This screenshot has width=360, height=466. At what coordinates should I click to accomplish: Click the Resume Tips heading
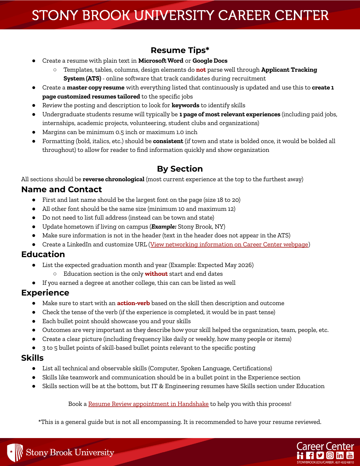coord(180,50)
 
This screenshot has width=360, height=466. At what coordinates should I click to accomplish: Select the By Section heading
coord(180,169)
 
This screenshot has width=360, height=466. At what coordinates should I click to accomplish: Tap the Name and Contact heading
coord(62,189)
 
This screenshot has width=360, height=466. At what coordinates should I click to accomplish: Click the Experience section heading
coord(45,293)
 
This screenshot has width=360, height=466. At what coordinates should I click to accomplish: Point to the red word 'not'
coord(201,70)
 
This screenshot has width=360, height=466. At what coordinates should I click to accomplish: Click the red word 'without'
coord(156,274)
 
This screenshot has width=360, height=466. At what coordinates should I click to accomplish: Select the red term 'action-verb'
coord(133,303)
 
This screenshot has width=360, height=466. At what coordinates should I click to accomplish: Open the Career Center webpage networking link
coord(229,244)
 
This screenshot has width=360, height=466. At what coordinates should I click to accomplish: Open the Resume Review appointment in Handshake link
coord(148,404)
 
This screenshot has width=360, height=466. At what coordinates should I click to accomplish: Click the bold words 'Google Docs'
coord(210,61)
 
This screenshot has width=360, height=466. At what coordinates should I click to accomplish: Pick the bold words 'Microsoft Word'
coord(161,61)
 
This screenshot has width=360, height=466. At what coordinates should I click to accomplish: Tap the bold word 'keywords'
coord(185,105)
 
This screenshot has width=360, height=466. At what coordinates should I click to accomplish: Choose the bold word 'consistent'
coord(168,141)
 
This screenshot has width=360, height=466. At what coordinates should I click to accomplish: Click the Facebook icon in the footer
coord(310,455)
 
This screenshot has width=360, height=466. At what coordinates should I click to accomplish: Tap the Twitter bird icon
coord(320,455)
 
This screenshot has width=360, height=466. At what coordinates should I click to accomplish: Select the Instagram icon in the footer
coord(330,455)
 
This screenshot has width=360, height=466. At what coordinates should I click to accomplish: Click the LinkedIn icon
coord(340,455)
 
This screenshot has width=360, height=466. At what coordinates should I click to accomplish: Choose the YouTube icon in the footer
coord(350,455)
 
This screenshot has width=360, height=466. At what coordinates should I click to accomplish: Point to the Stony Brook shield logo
coord(15,452)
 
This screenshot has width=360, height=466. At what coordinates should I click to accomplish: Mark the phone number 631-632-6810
coord(344,463)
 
